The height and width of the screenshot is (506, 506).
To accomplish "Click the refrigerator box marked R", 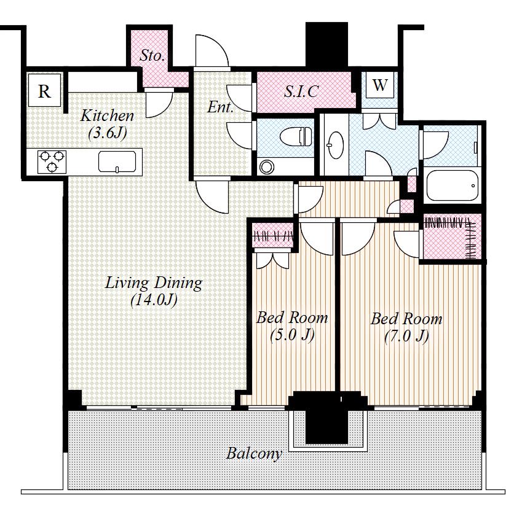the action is click(44, 90).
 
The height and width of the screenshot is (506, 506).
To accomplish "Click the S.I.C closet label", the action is click(301, 91).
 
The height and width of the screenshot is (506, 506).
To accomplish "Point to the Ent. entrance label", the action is click(220, 107).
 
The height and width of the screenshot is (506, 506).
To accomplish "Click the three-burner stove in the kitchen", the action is click(52, 162).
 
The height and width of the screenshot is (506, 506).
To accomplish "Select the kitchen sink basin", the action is click(117, 162).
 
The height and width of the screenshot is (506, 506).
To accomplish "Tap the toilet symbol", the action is click(296, 136).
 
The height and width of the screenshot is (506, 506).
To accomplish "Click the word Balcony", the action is click(254, 453).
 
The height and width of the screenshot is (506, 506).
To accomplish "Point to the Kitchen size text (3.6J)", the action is click(107, 133).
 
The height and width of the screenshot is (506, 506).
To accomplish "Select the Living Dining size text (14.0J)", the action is click(154, 300).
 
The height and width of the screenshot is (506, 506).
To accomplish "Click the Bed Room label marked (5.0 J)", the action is click(292, 326).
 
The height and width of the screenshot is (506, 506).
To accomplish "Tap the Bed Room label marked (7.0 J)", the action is click(406, 327).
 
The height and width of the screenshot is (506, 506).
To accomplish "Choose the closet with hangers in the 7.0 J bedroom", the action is click(452, 236).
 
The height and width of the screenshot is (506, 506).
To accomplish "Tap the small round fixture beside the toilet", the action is click(267, 167).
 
